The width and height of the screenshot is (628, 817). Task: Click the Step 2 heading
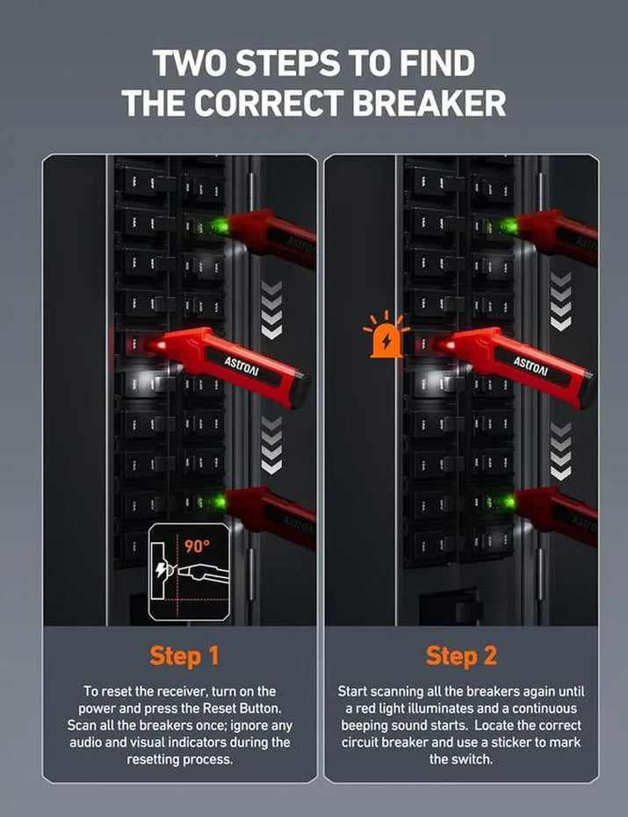point(461,655)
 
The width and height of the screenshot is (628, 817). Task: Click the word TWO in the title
point(187,63)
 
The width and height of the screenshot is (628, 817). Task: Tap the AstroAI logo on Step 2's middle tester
point(531,362)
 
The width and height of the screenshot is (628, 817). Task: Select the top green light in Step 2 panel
point(508,226)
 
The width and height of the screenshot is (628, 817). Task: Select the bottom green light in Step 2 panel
point(507,502)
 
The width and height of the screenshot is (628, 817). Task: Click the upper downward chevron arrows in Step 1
point(272,310)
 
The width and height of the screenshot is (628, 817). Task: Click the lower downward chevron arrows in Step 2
point(560,450)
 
